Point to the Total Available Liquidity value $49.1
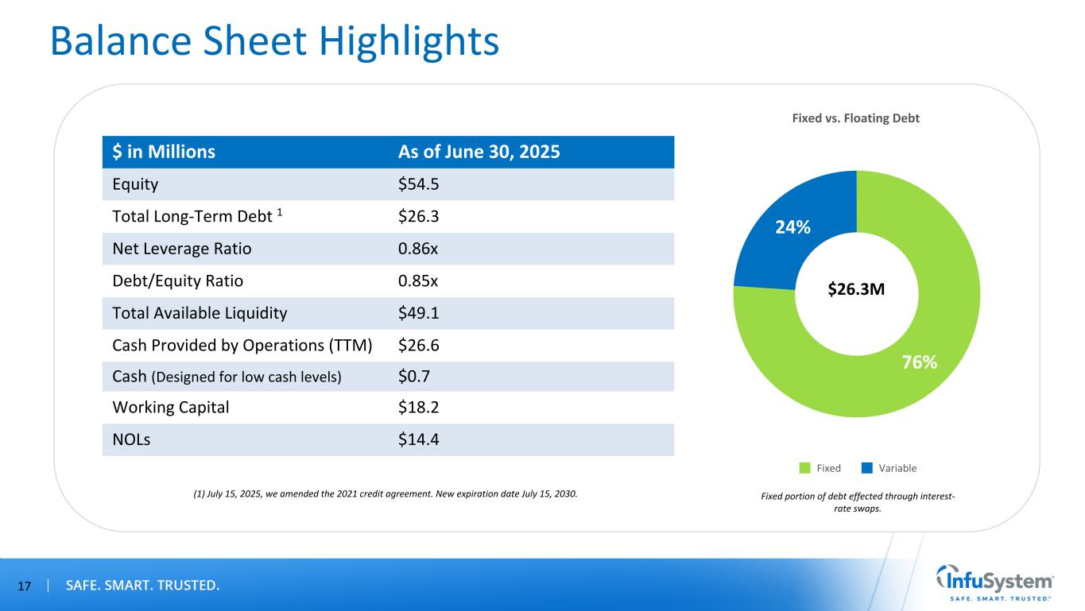click(417, 313)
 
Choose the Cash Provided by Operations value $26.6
click(417, 345)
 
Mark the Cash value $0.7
click(413, 377)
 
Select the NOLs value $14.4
click(417, 439)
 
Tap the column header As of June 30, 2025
click(479, 152)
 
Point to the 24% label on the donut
click(793, 227)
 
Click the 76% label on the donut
click(920, 362)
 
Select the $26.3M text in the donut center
click(857, 290)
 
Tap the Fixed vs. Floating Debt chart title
click(857, 118)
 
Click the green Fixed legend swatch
click(804, 468)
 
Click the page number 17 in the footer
click(24, 586)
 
